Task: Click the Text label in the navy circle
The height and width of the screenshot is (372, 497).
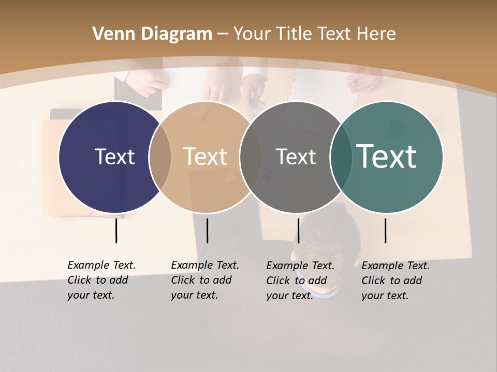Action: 114,157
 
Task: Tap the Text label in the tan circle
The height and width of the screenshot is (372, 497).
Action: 205,157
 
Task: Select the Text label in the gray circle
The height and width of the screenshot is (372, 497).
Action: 296,157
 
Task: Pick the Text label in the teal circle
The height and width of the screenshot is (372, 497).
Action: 387,157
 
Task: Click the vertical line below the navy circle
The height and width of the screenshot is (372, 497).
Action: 116,231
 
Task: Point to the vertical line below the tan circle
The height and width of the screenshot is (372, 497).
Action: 207,231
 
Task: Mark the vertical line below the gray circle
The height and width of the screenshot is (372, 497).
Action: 298,231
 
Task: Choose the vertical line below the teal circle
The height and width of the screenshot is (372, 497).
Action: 386,231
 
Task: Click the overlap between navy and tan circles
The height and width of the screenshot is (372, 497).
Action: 160,157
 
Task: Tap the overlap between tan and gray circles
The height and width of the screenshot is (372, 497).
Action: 251,157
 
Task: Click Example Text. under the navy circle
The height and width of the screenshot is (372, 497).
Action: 101,265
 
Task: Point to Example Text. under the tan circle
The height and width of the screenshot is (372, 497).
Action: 205,265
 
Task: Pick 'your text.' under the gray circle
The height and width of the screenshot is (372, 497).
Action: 290,296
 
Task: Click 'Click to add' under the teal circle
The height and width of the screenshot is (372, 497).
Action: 391,281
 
